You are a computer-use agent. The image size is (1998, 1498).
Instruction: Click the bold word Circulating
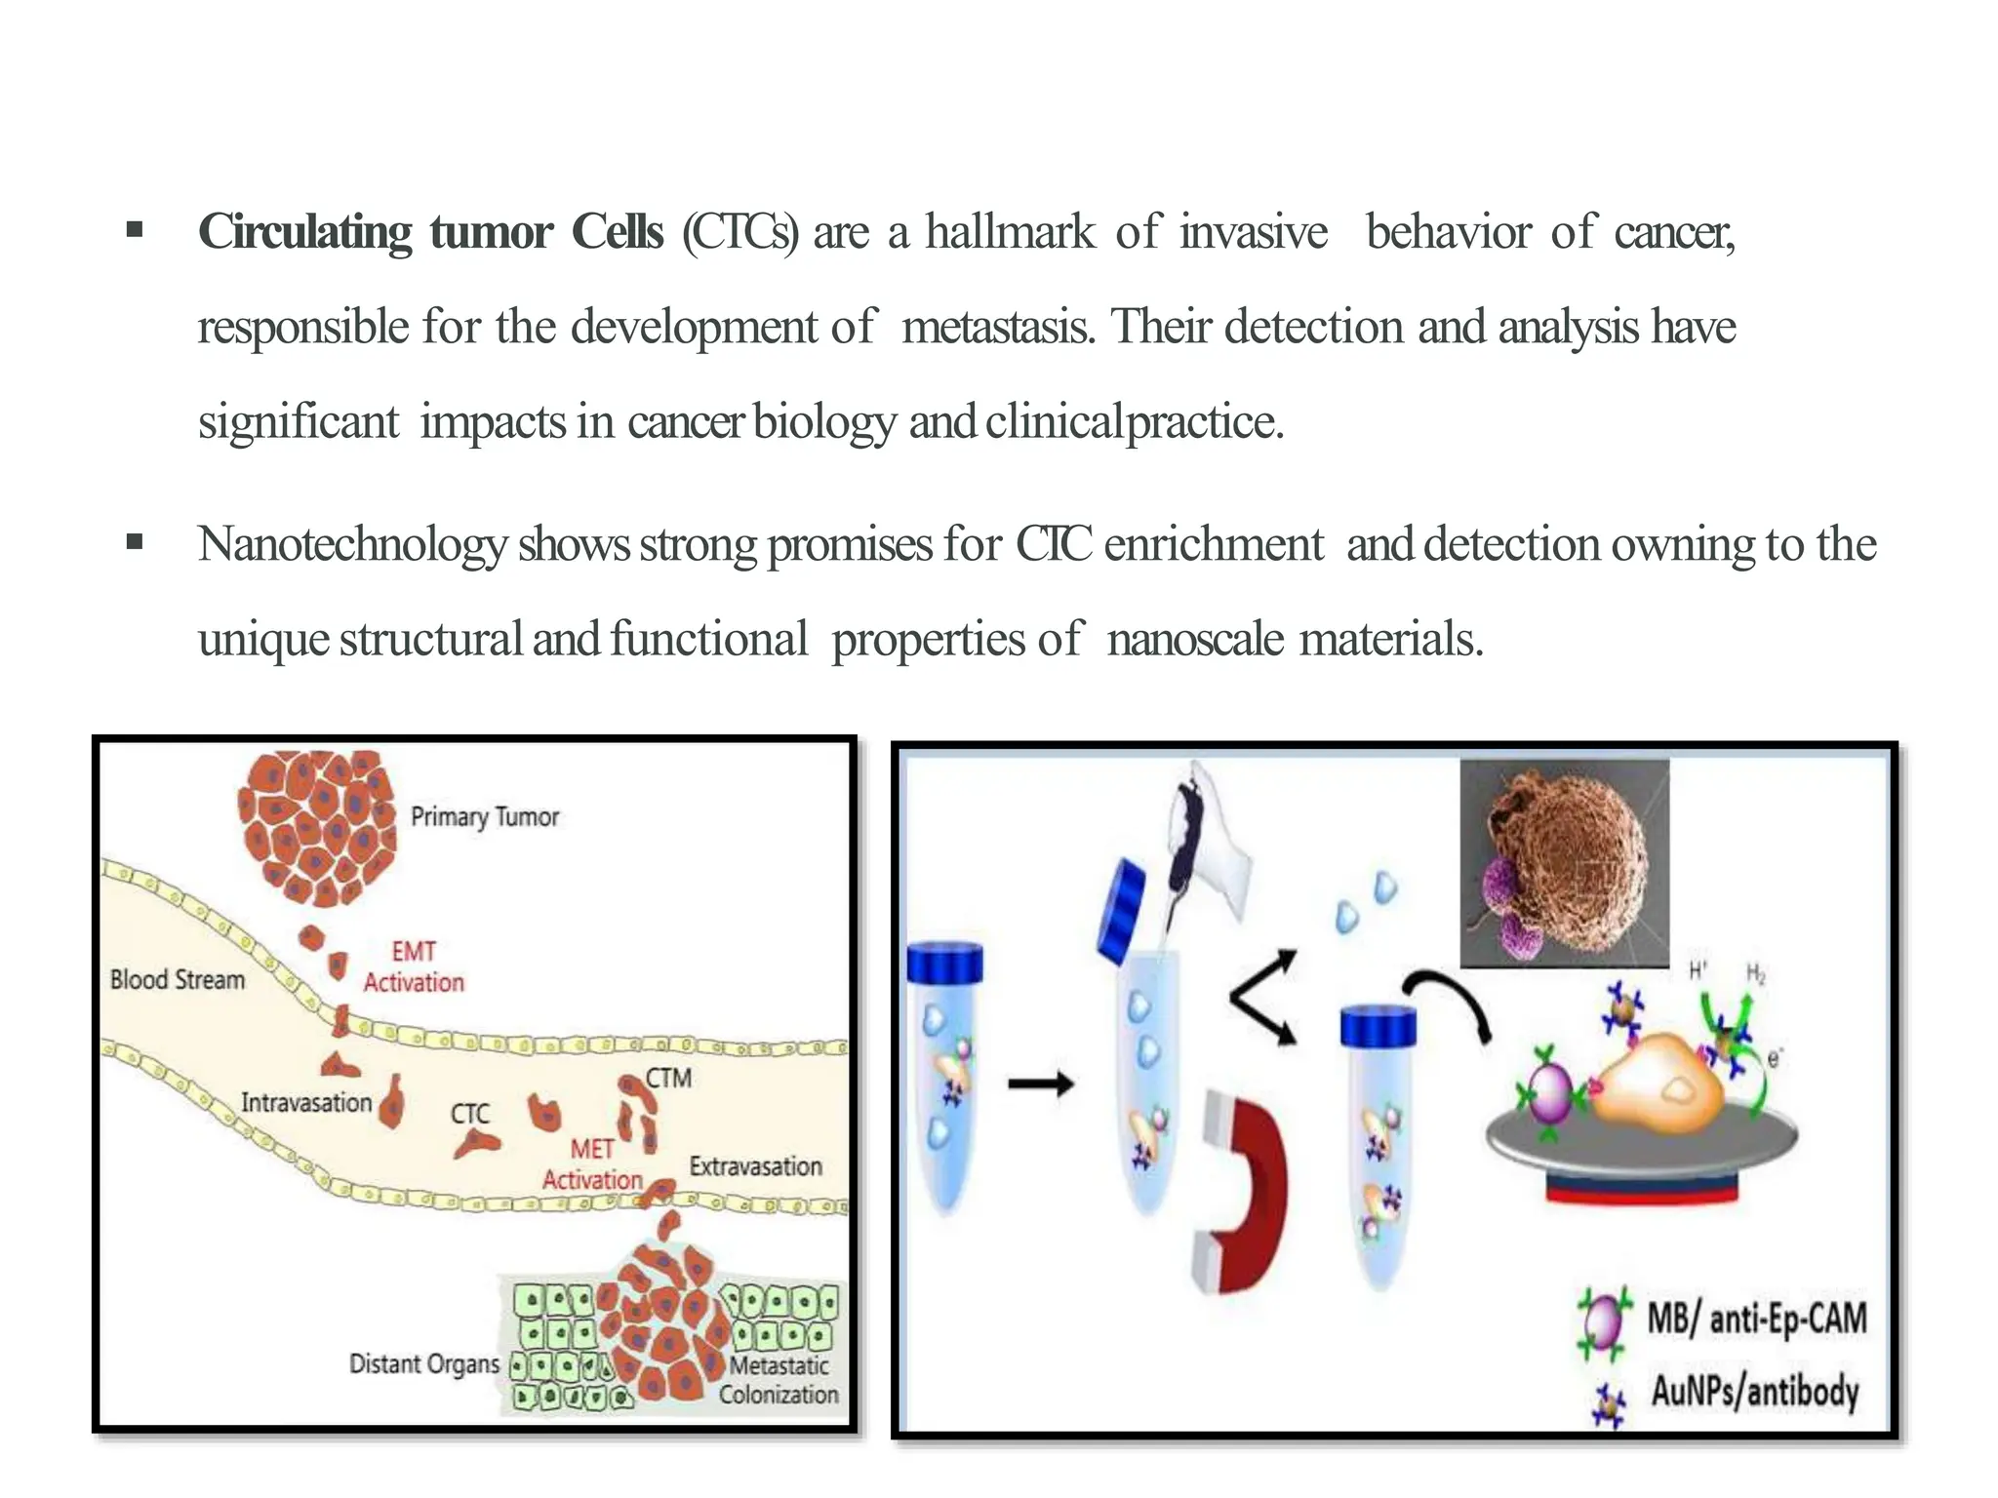305,233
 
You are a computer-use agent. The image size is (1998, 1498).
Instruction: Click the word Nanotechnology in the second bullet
352,544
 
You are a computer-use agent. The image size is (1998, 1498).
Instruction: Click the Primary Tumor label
484,817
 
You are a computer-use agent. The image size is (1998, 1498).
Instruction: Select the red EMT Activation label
414,966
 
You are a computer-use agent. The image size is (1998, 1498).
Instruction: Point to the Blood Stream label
177,980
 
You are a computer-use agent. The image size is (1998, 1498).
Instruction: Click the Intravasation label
306,1103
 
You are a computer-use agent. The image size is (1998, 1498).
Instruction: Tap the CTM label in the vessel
668,1079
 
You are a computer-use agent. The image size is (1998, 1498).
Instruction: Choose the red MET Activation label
592,1164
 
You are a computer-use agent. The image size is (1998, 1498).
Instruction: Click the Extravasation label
755,1166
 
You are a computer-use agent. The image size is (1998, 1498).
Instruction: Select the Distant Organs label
423,1363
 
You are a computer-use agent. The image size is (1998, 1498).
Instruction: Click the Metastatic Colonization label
779,1380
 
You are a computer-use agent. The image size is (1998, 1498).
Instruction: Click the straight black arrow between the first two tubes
1040,1084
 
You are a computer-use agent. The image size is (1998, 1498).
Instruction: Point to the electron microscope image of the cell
1564,862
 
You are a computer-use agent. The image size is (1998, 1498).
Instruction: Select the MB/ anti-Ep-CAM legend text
1756,1319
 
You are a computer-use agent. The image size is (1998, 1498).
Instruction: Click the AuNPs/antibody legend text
1754,1392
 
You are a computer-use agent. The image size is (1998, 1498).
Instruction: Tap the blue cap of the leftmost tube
944,963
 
